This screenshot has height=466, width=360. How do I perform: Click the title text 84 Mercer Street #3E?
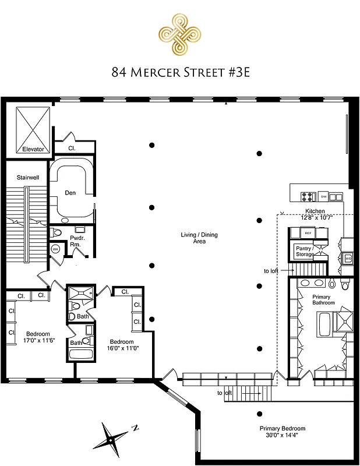pos(179,72)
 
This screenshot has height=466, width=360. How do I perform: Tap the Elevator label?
pos(33,149)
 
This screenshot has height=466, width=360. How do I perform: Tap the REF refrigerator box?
pos(309,233)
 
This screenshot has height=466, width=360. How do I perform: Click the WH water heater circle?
pos(56,249)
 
